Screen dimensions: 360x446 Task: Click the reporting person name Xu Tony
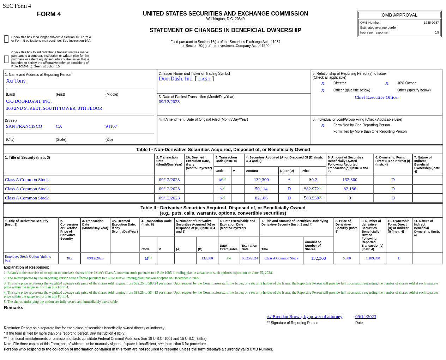point(16,81)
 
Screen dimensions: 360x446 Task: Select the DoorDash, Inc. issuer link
point(176,79)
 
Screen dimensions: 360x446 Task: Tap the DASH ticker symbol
point(204,79)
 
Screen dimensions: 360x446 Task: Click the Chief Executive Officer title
point(376,97)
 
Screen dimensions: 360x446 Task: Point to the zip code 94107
point(111,126)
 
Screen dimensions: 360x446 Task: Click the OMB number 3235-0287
point(431,23)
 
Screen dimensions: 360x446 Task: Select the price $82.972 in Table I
point(312,189)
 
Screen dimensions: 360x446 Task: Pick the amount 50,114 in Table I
point(261,189)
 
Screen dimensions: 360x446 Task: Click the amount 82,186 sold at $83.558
point(261,198)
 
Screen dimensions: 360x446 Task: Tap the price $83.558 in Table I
point(312,198)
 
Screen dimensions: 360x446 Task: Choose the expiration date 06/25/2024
point(250,258)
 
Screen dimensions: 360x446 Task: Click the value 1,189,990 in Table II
point(373,258)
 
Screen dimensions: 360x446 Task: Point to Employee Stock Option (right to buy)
point(28,258)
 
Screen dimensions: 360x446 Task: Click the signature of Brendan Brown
point(305,317)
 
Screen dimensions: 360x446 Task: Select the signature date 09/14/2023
point(366,317)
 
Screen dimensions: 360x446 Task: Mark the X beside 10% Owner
point(387,83)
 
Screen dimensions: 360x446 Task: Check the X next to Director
point(323,83)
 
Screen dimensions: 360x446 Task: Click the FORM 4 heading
point(49,14)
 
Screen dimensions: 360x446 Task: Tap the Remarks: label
point(14,308)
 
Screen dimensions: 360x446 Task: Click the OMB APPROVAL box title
point(399,15)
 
